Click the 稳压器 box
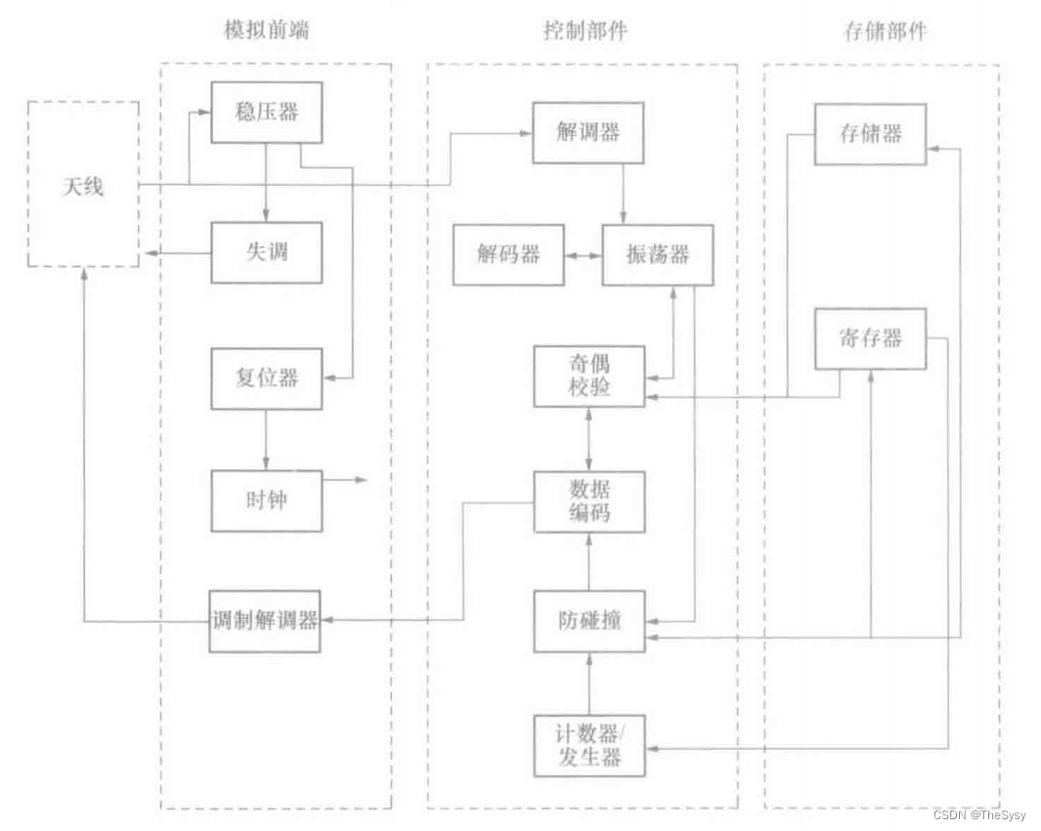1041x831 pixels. pyautogui.click(x=267, y=111)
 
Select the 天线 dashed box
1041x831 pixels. pyautogui.click(x=82, y=184)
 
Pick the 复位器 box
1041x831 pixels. pyautogui.click(x=267, y=377)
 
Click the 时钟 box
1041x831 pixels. pyautogui.click(x=267, y=501)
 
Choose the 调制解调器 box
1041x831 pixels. pyautogui.click(x=267, y=621)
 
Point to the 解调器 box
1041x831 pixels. pyautogui.click(x=587, y=132)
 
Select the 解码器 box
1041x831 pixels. pyautogui.click(x=508, y=255)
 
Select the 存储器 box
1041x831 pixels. pyautogui.click(x=870, y=134)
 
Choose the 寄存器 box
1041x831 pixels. pyautogui.click(x=870, y=339)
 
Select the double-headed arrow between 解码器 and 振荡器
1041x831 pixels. pyautogui.click(x=584, y=256)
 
